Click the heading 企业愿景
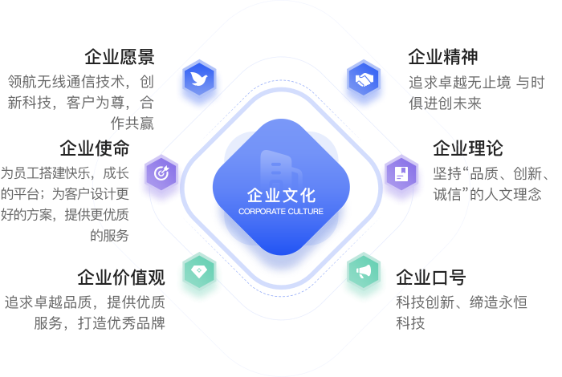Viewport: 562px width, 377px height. coord(120,57)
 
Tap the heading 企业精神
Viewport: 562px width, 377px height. coord(443,57)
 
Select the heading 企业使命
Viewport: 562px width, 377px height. coord(95,148)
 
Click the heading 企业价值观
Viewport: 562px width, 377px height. coord(121,278)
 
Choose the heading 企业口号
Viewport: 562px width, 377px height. coord(430,278)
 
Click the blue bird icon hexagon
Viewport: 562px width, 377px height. coord(198,81)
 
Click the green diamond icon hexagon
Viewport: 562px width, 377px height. coord(198,273)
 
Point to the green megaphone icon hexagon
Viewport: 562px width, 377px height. coord(364,273)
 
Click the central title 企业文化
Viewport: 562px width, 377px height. coord(281,195)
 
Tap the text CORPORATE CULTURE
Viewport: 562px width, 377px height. coord(281,212)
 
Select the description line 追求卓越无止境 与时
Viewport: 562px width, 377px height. coord(477,82)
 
